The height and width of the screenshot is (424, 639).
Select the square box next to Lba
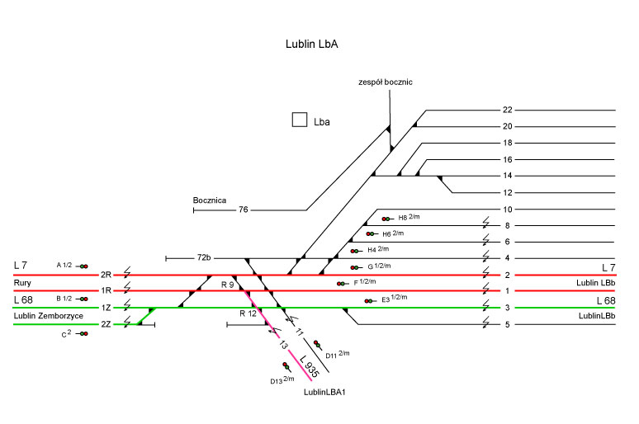click(x=300, y=120)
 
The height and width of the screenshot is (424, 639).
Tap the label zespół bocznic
click(x=385, y=82)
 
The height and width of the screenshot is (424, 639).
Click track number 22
click(x=508, y=110)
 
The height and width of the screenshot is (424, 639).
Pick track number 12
click(x=508, y=192)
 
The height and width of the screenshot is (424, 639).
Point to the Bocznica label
click(x=209, y=200)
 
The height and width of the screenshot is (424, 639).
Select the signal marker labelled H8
click(x=386, y=219)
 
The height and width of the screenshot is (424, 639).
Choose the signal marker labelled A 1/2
click(x=83, y=266)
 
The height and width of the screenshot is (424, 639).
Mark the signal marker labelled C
click(x=83, y=333)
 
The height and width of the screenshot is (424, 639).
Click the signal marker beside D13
click(x=286, y=366)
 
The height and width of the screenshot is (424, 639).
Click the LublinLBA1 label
click(x=324, y=393)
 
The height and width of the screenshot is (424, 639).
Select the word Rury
click(x=22, y=283)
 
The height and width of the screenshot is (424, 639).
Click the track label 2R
click(x=106, y=275)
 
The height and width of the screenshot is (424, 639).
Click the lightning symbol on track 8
click(x=486, y=224)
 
